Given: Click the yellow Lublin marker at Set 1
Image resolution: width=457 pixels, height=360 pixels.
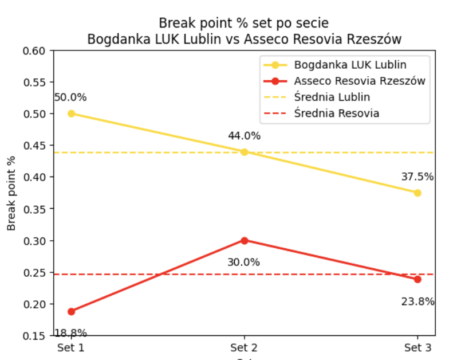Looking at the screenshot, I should (71, 114).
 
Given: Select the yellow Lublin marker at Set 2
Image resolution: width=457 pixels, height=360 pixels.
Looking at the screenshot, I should (245, 152).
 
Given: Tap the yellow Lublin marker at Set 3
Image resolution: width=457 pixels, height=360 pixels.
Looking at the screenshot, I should (417, 193).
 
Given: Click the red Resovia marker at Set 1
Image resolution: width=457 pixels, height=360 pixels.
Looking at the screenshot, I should (71, 311).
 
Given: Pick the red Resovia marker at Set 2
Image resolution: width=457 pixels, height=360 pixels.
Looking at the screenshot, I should (245, 240).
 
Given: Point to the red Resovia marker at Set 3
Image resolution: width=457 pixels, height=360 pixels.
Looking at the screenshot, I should (417, 279).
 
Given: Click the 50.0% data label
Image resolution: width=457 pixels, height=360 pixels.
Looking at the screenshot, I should (70, 97).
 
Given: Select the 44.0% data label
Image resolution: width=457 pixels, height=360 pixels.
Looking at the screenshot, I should (244, 136).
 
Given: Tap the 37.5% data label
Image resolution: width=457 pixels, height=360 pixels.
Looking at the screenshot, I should (417, 177).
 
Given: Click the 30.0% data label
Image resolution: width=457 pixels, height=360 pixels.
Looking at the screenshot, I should (243, 262).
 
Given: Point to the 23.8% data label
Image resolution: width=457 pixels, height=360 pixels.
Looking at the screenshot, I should (417, 302).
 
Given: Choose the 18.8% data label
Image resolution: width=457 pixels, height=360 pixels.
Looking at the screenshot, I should (70, 332).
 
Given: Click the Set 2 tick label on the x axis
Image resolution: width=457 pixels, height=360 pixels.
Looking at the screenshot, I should (245, 347).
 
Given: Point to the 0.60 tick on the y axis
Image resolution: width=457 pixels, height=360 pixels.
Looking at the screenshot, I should (34, 50).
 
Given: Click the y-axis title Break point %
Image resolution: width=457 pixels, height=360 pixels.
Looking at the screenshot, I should (11, 193).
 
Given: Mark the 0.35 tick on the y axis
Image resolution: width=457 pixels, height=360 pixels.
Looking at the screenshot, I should (34, 209).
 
